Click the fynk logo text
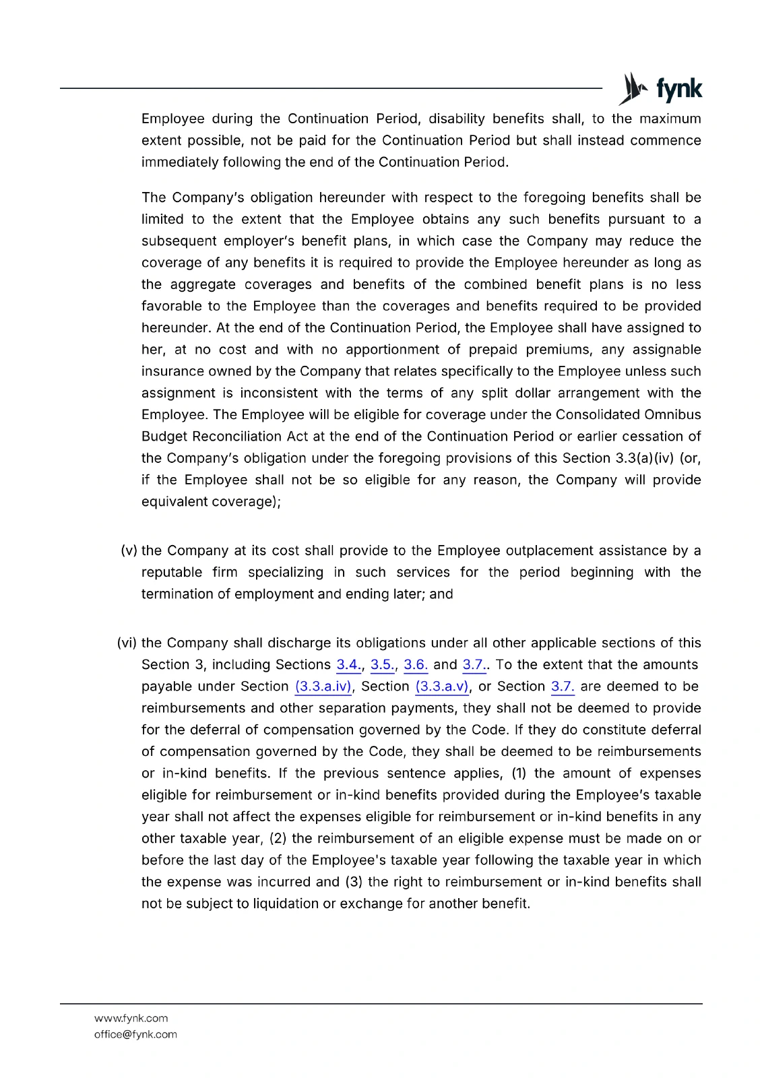pyautogui.click(x=678, y=89)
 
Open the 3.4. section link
pyautogui.click(x=348, y=665)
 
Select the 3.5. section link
pyautogui.click(x=382, y=665)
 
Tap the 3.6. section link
pyautogui.click(x=416, y=665)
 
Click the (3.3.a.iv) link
pyautogui.click(x=323, y=687)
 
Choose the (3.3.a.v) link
pyautogui.click(x=442, y=687)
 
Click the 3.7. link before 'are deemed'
pyautogui.click(x=563, y=687)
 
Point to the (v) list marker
pyautogui.click(x=129, y=550)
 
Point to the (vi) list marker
pyautogui.click(x=127, y=643)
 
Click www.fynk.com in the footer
pyautogui.click(x=131, y=1018)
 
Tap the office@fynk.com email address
pyautogui.click(x=135, y=1034)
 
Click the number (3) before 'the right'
pyautogui.click(x=354, y=882)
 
